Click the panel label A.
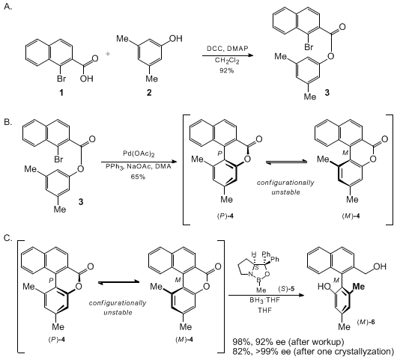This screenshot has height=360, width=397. (x=7, y=7)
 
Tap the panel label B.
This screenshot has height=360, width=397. (x=7, y=122)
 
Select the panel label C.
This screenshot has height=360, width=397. (x=8, y=238)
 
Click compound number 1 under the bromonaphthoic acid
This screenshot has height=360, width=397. (x=61, y=93)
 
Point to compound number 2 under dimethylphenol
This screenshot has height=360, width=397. (x=149, y=93)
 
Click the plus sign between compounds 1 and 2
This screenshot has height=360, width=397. (x=108, y=54)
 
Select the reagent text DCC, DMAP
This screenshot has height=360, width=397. (x=228, y=49)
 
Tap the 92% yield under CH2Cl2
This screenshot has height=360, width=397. (x=227, y=70)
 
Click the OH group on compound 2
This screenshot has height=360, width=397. (x=176, y=38)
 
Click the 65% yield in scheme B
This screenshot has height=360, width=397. (x=138, y=177)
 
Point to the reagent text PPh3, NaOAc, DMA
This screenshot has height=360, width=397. (x=139, y=166)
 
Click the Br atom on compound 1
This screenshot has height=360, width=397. (x=61, y=79)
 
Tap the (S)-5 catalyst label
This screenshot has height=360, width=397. (x=286, y=289)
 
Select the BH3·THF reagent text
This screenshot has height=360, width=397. (x=265, y=301)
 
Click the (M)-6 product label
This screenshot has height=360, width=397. (x=366, y=323)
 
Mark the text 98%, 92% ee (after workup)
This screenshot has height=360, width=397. (x=288, y=342)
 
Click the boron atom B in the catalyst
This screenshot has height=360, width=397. (x=258, y=280)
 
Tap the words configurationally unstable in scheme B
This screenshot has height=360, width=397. (x=285, y=187)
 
